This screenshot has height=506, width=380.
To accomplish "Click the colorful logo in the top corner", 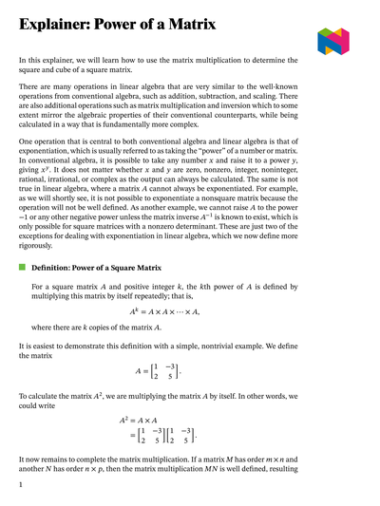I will (x=333, y=39).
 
